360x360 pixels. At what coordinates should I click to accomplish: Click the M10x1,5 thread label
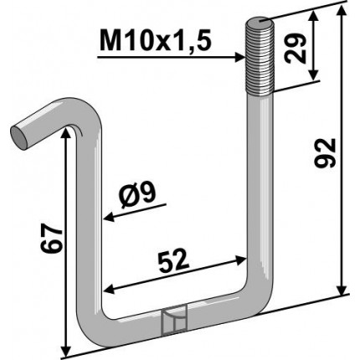tap(156, 40)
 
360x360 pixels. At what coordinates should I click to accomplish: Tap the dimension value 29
tap(295, 48)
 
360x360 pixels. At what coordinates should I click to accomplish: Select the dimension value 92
tap(324, 153)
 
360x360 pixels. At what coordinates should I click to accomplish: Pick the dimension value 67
tap(51, 238)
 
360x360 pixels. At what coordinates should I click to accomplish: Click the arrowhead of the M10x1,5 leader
tap(240, 58)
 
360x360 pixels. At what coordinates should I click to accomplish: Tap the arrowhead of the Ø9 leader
tap(109, 217)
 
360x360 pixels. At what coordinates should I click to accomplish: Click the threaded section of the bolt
tap(260, 57)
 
